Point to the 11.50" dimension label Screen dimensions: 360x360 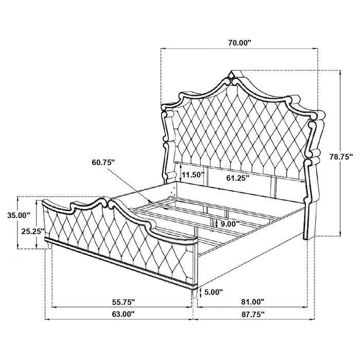tap(192, 175)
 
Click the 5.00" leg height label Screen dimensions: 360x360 tap(213, 292)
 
